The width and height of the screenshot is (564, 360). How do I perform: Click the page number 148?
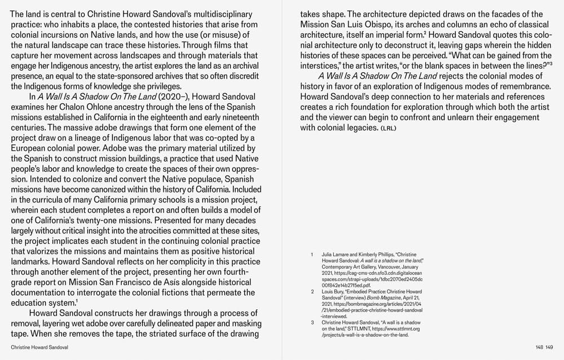click(x=540, y=348)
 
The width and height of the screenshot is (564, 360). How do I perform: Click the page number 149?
click(x=549, y=348)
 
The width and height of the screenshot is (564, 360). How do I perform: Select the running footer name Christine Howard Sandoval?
click(x=39, y=348)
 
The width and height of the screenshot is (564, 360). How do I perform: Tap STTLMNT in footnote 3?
click(x=358, y=329)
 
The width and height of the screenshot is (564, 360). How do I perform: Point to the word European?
click(x=30, y=148)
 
